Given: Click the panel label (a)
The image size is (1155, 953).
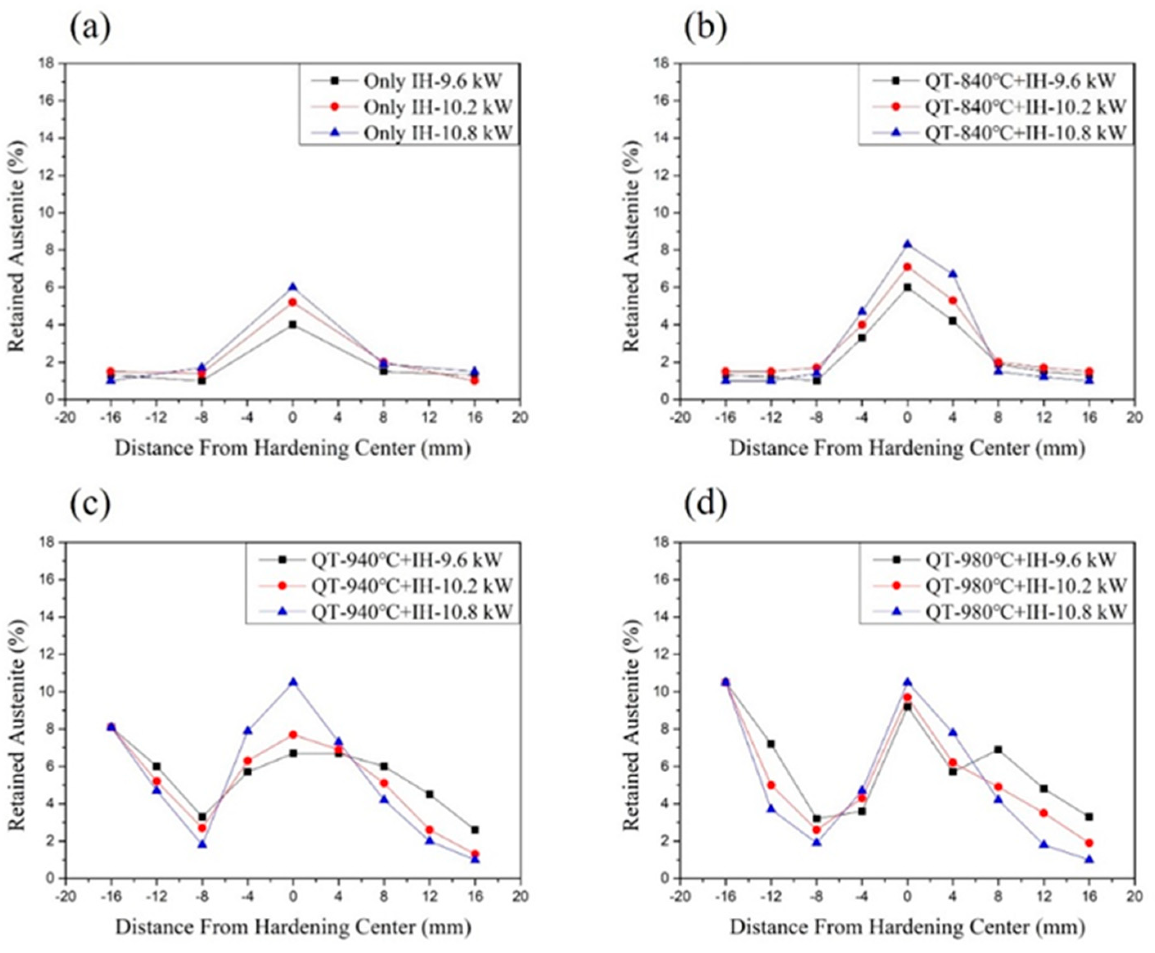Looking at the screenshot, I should [x=90, y=29].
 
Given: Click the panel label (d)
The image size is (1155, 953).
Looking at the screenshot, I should [x=705, y=505].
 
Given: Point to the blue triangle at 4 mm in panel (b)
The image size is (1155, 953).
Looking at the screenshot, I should [x=953, y=274].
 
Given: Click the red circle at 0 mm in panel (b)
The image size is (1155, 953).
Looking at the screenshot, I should [x=907, y=267].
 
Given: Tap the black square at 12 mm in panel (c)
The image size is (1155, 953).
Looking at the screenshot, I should [x=429, y=794].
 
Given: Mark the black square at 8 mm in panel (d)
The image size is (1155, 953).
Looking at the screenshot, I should [x=998, y=749].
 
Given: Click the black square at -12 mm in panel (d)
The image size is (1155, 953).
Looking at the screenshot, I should [x=771, y=744].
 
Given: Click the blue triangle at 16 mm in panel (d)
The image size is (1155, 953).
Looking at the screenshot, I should [x=1090, y=859].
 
